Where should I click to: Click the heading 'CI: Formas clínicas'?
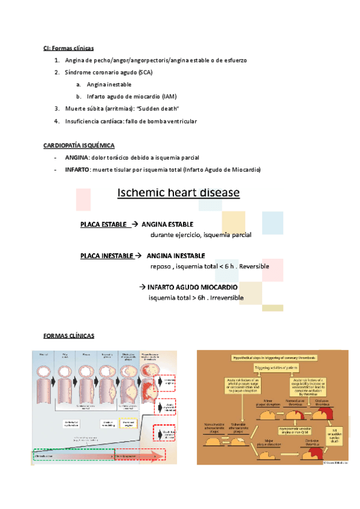click(x=68, y=47)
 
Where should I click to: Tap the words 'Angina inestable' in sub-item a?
click(x=109, y=85)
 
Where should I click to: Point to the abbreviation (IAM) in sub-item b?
click(x=168, y=97)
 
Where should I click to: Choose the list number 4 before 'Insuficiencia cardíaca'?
click(x=56, y=121)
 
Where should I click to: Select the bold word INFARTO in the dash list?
click(x=77, y=170)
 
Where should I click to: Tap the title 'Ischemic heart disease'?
click(x=178, y=193)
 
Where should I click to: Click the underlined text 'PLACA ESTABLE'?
click(x=104, y=224)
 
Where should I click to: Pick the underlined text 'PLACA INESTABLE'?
click(x=107, y=256)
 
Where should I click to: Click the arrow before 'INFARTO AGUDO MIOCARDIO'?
click(x=142, y=286)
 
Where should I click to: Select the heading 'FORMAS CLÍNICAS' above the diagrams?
click(x=68, y=336)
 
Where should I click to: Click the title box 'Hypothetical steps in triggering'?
click(x=271, y=357)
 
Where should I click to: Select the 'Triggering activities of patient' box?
click(x=271, y=367)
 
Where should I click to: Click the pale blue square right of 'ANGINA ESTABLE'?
click(x=272, y=223)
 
